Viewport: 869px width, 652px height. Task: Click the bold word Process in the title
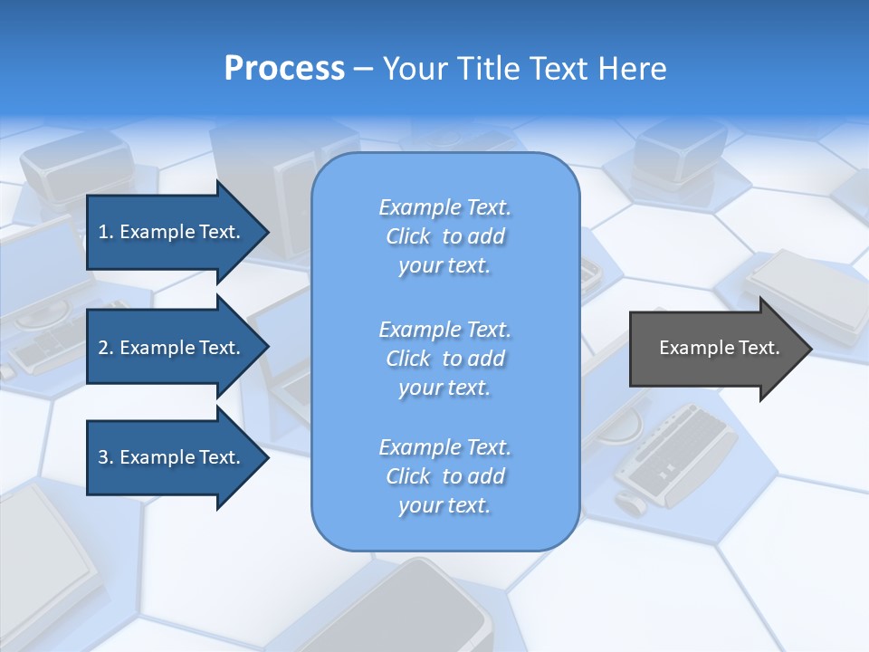[x=284, y=68]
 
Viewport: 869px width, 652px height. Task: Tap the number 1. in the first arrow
[x=105, y=232]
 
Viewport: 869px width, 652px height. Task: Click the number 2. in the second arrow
[x=105, y=348]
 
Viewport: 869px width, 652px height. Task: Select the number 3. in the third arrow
[x=105, y=457]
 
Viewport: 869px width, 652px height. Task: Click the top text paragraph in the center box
[x=444, y=236]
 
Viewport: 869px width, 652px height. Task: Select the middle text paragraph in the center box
[x=444, y=359]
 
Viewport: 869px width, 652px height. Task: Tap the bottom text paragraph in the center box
[x=444, y=476]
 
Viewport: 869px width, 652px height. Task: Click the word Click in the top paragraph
[x=408, y=236]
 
